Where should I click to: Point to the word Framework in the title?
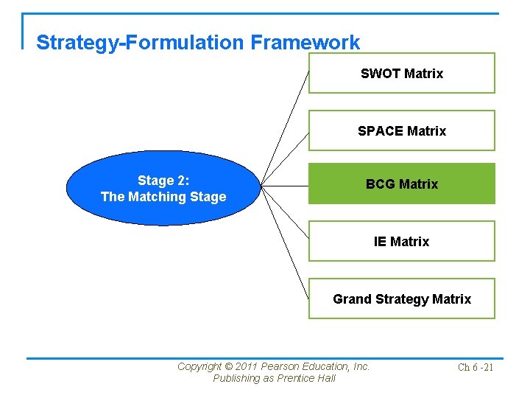tap(305, 43)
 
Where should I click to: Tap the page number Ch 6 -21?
tap(476, 367)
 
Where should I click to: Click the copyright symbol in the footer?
tap(228, 366)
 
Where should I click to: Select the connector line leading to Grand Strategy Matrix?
tap(288, 248)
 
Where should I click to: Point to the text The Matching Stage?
tap(163, 197)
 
